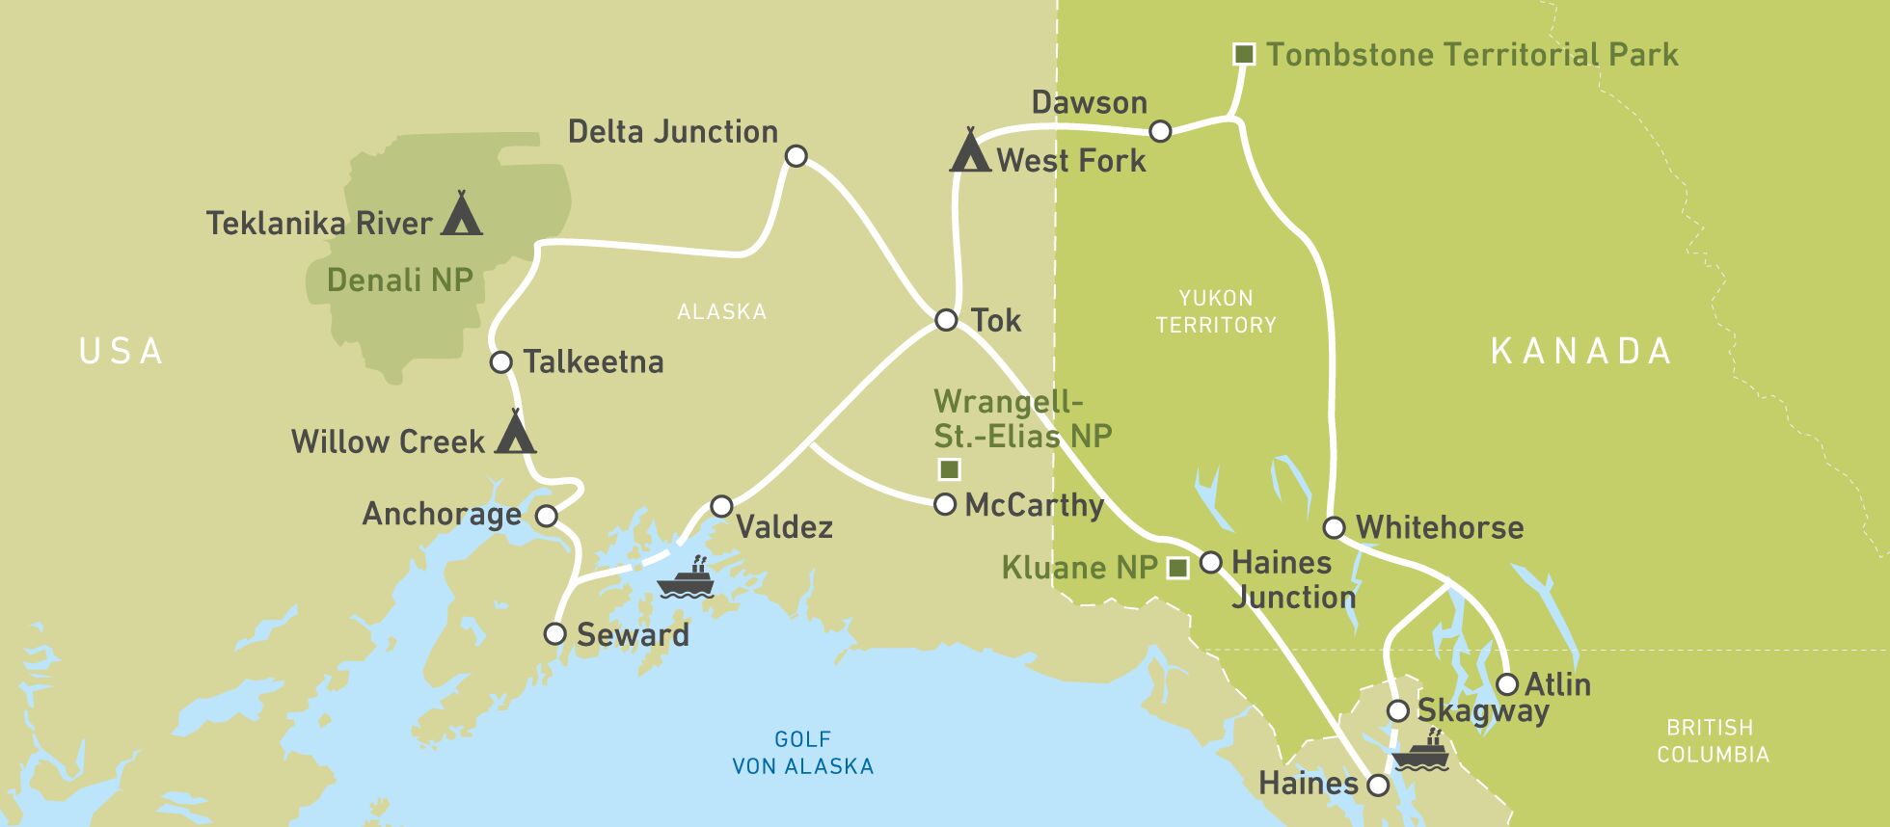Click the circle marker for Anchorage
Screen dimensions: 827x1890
point(546,516)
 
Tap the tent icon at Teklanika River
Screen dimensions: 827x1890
point(461,214)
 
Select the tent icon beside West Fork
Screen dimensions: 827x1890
point(970,151)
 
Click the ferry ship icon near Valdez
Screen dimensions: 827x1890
point(686,579)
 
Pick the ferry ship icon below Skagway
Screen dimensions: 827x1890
point(1421,753)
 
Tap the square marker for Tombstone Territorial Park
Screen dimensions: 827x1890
point(1244,54)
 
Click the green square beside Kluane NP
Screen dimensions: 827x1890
point(1177,569)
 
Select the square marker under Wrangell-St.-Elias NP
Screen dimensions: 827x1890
point(949,469)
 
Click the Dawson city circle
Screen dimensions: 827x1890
point(1161,131)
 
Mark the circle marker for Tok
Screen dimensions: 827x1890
point(946,320)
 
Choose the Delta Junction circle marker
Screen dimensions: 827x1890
point(796,156)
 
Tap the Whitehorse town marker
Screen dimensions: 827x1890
point(1334,527)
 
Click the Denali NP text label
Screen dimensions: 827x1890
point(399,280)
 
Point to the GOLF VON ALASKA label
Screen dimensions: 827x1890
point(802,753)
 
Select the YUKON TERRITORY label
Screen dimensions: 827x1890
point(1215,311)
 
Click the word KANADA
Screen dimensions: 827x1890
point(1580,351)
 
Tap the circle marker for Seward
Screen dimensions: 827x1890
point(554,633)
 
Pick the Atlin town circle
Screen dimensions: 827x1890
point(1507,684)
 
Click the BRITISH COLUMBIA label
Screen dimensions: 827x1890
point(1713,740)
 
